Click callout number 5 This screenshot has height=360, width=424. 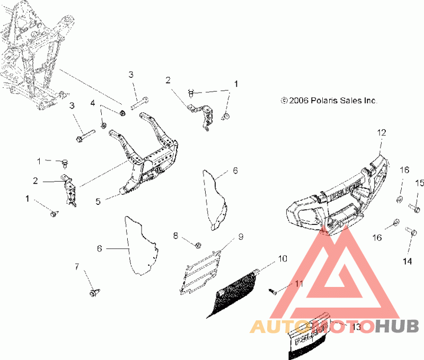[98, 202]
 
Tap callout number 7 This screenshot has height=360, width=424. [77, 267]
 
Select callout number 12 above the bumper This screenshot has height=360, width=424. [382, 132]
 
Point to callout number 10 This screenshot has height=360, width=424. [282, 258]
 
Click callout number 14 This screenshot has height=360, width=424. [407, 261]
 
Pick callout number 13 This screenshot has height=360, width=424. [356, 327]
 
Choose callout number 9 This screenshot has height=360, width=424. [241, 237]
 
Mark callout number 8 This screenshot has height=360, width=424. [176, 236]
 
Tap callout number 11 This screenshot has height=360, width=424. [299, 284]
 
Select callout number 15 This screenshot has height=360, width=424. [419, 183]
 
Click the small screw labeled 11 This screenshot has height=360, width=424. [272, 291]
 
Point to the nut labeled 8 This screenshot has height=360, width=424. [198, 245]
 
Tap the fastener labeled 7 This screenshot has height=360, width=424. [94, 293]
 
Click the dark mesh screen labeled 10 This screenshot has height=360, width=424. [233, 294]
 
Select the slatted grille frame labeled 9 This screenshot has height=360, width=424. [201, 272]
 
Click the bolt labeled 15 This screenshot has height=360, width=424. [414, 208]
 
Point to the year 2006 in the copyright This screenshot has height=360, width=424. [298, 101]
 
